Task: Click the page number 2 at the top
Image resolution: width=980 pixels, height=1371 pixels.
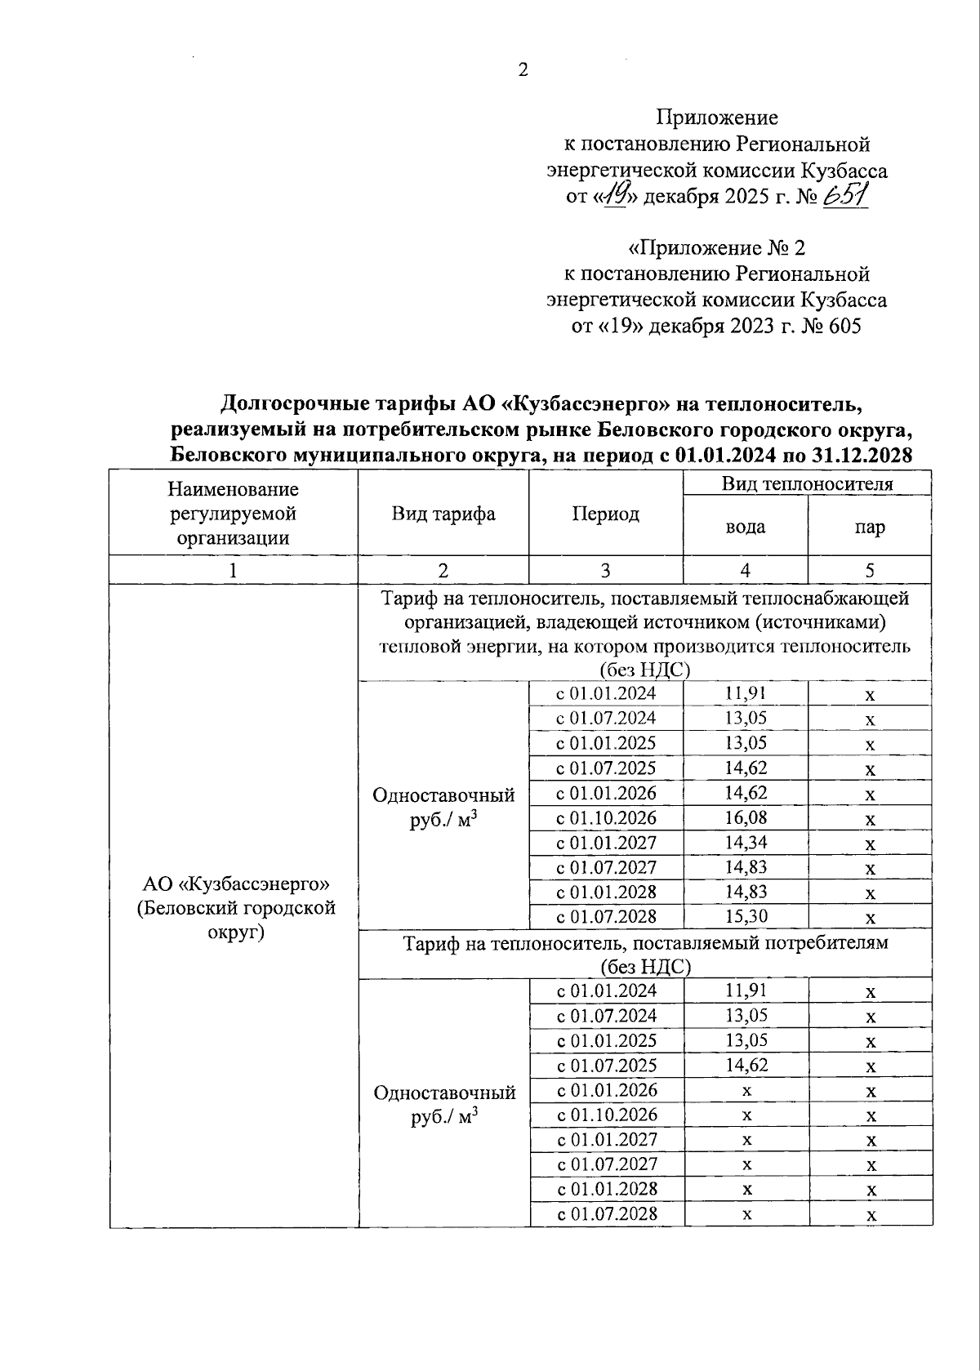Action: (523, 70)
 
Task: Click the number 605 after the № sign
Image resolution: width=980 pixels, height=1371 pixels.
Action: (844, 327)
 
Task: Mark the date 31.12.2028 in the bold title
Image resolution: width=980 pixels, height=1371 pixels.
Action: (862, 455)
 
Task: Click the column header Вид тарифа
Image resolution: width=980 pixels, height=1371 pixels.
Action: (443, 514)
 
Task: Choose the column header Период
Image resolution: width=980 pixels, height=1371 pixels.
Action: (605, 514)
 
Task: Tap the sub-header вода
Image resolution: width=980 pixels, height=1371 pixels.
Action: (745, 527)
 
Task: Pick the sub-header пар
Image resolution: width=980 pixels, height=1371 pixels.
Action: (870, 527)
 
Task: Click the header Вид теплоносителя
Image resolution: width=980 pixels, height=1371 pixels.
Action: (807, 483)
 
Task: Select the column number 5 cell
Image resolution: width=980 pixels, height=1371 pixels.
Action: (870, 570)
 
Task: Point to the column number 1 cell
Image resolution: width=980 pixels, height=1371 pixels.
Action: (234, 570)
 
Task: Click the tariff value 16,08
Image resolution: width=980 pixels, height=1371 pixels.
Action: (745, 817)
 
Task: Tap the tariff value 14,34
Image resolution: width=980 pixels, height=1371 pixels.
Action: (745, 842)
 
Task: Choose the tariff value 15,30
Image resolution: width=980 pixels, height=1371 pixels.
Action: (745, 916)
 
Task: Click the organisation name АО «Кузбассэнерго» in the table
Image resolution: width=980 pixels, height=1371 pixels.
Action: (235, 884)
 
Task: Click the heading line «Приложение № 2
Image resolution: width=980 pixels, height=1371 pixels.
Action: (716, 247)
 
